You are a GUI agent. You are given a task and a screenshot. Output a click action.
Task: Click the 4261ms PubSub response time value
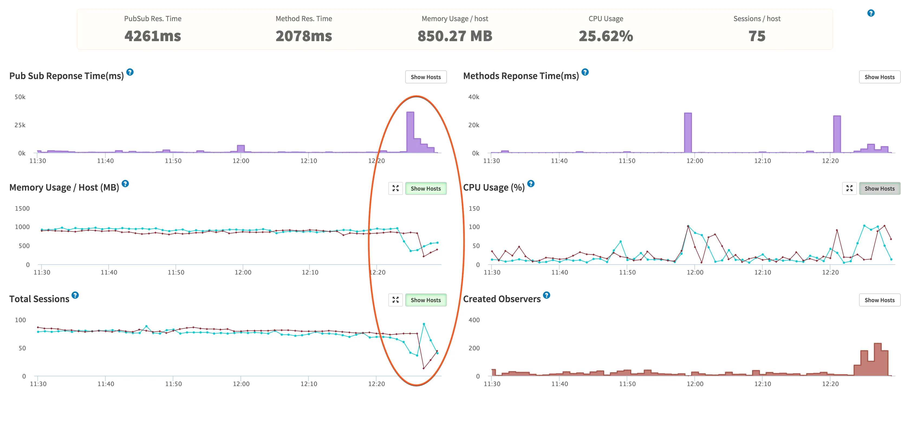pos(153,36)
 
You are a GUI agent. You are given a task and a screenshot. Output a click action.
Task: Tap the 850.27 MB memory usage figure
pos(455,36)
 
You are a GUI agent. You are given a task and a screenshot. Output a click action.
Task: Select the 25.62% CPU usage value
pos(606,36)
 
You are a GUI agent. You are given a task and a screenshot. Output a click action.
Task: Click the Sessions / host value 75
pos(757,36)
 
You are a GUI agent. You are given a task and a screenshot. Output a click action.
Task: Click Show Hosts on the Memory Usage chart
pos(425,189)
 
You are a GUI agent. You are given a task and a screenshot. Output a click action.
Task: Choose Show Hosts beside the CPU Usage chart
pos(879,189)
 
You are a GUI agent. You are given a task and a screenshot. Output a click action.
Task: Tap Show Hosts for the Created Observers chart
pos(879,300)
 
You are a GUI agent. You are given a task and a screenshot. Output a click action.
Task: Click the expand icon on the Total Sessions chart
pos(395,300)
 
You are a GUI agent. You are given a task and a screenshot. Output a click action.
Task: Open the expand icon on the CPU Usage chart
pos(849,189)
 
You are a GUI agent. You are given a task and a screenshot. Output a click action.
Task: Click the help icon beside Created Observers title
pos(547,295)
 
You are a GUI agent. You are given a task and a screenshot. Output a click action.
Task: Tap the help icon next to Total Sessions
pos(75,295)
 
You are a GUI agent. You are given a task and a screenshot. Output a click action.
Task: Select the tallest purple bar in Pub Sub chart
pos(410,132)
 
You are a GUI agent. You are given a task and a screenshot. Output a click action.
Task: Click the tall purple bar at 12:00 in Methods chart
pos(688,132)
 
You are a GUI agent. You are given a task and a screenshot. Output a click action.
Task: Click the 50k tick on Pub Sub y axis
pos(20,97)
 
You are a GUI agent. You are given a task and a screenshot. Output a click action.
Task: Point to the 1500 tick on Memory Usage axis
pos(22,208)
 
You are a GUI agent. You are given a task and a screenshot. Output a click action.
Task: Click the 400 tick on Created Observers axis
pos(474,320)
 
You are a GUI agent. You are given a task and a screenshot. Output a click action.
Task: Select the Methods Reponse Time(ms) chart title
pos(521,76)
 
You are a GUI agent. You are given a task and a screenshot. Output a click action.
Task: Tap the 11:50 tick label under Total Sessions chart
pos(173,384)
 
